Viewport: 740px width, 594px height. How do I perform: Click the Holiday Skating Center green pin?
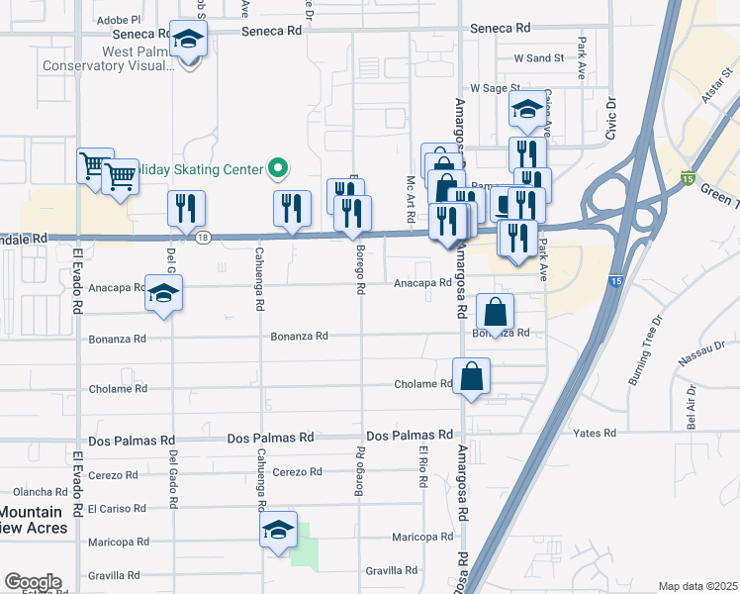point(278,168)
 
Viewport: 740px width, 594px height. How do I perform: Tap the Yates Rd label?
point(595,434)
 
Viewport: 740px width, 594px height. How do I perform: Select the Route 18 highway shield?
point(203,238)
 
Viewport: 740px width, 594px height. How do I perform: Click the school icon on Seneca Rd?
point(187,41)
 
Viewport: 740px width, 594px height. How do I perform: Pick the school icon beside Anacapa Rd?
point(164,294)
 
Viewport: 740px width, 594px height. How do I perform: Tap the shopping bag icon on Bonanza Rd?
point(495,312)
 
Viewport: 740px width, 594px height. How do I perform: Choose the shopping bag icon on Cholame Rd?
point(472,376)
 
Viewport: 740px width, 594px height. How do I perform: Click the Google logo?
point(32,582)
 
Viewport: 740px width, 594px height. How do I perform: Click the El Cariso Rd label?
point(118,509)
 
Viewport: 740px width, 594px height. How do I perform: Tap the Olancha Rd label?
point(40,492)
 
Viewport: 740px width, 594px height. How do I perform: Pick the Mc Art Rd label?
point(410,199)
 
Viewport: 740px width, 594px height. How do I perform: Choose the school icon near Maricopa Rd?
point(279,532)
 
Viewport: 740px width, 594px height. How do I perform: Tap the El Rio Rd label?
point(423,469)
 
